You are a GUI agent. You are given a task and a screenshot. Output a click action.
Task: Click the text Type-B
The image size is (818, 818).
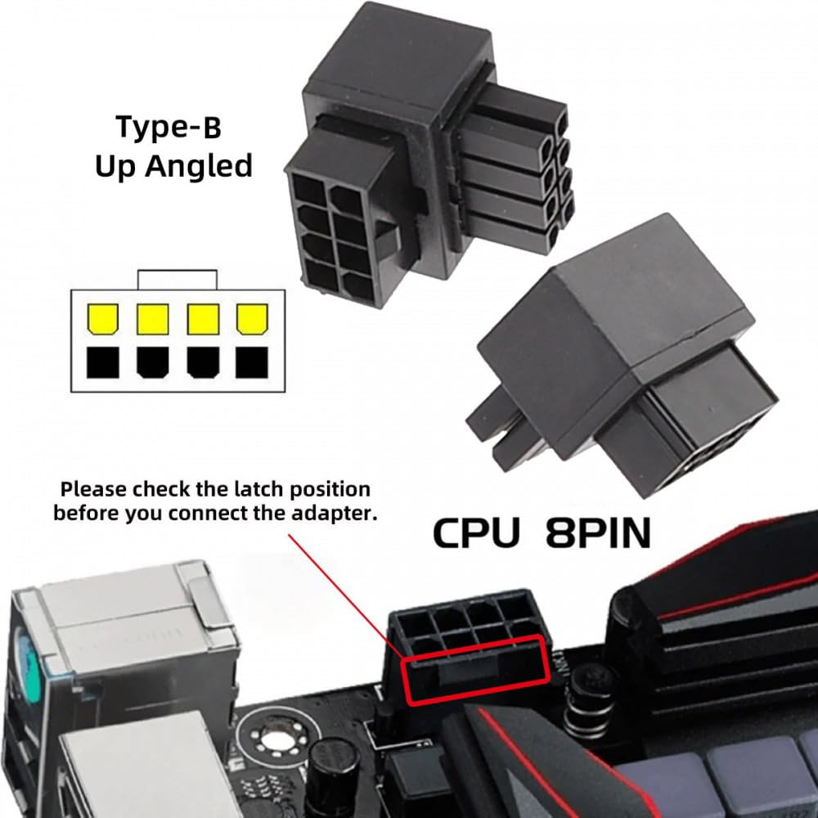tap(169, 128)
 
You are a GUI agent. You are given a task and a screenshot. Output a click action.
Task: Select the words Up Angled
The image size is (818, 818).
tap(173, 166)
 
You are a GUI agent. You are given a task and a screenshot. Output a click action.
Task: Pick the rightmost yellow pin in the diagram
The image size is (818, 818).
tap(252, 320)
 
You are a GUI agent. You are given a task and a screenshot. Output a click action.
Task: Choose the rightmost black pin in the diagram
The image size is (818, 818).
tap(252, 361)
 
